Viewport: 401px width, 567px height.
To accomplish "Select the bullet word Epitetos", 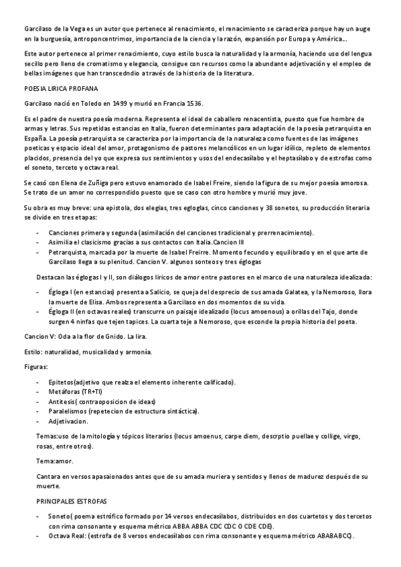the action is [62, 382].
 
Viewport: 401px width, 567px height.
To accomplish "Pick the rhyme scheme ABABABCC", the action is [333, 537].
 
